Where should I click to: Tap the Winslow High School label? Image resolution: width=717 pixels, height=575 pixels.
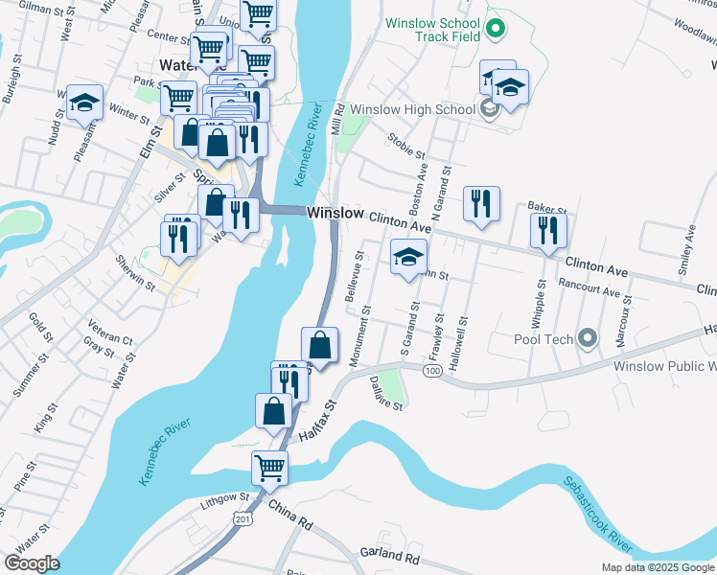coord(412,109)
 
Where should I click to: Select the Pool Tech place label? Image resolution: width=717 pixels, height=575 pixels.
coord(544,339)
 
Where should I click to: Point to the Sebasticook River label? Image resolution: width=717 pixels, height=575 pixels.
coord(596,513)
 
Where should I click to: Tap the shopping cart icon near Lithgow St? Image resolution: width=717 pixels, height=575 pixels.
coord(270,469)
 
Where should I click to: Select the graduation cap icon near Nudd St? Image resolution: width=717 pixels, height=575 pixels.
coord(84,103)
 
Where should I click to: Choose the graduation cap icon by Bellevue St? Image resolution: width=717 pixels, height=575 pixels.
coord(408,256)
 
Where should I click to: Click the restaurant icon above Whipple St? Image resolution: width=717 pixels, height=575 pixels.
coord(549,229)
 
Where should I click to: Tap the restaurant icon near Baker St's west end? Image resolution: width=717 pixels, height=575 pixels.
coord(481,203)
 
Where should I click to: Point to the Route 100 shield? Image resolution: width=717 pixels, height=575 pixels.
coord(433,371)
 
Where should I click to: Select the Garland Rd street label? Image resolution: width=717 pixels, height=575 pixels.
coord(390,555)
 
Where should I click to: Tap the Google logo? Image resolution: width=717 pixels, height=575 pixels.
coord(33,563)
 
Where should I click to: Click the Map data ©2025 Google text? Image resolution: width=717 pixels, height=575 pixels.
coord(657,567)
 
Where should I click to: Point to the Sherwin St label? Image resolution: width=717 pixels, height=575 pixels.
coord(133,273)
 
